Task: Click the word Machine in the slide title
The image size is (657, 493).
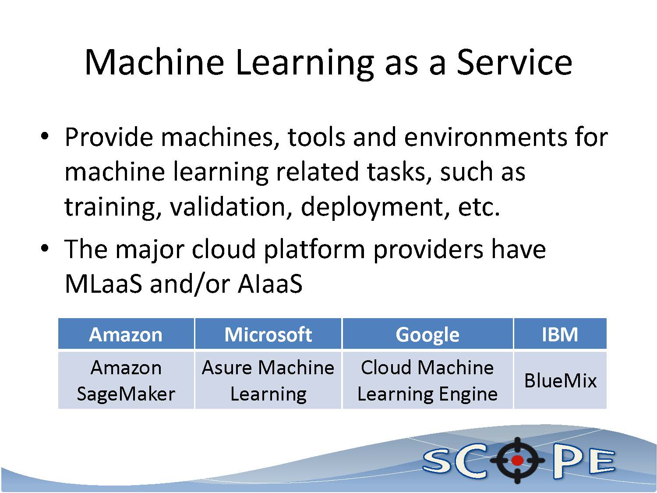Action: coord(155,62)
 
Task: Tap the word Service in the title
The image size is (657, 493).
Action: coord(514,62)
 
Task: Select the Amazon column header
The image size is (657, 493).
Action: coord(126,334)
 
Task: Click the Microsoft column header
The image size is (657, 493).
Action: coord(268,334)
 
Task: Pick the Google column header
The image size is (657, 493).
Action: coord(427,334)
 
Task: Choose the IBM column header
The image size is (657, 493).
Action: coord(560,334)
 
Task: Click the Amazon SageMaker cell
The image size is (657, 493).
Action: coord(126,380)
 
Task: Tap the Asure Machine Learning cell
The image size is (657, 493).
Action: coord(268,380)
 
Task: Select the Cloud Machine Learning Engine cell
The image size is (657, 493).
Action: coord(427,380)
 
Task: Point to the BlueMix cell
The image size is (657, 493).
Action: coord(560,380)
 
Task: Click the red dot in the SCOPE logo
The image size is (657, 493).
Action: coord(517,460)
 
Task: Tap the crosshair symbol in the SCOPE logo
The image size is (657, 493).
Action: coord(517,460)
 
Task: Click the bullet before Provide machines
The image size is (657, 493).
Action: coord(45,137)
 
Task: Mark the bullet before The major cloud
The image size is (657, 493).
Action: coord(45,248)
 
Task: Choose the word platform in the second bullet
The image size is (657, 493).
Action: coord(314,249)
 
